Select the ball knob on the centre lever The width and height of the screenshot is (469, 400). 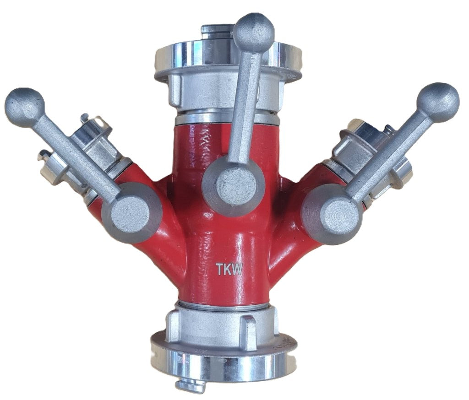[x=254, y=33]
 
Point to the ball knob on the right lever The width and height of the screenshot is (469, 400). [x=438, y=103]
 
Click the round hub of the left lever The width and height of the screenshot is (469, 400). [x=131, y=212]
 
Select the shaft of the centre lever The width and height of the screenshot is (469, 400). [x=246, y=108]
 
